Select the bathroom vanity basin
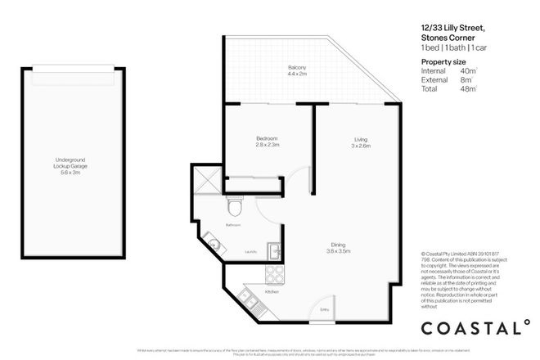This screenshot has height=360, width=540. coord(211,242)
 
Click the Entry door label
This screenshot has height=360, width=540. coord(325,308)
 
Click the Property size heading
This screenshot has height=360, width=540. coord(443,62)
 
